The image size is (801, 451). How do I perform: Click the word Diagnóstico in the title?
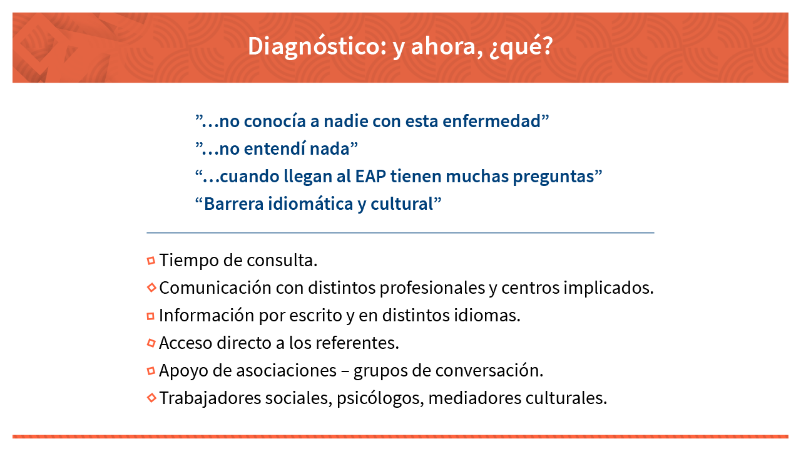click(317, 46)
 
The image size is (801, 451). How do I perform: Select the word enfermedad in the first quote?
click(491, 121)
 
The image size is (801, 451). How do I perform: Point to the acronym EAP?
click(370, 176)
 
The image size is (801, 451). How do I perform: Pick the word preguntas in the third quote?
click(554, 177)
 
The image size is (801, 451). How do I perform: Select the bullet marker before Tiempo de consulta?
click(151, 261)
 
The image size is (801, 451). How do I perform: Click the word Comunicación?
click(215, 288)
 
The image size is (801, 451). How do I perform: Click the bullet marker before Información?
click(151, 316)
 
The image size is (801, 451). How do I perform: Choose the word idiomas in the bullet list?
click(487, 315)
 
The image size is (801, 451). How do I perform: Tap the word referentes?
click(357, 343)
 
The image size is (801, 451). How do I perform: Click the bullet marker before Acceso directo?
click(151, 343)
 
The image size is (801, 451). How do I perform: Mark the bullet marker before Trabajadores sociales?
click(151, 398)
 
